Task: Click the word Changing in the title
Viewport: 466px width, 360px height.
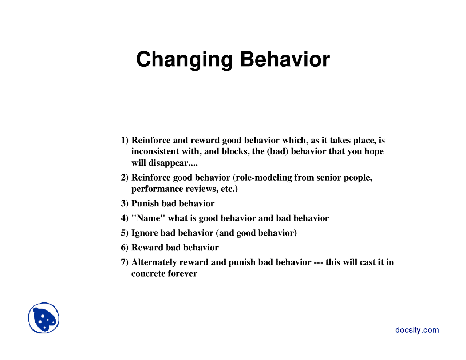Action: (x=184, y=60)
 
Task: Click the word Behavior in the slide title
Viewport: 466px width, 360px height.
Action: (x=285, y=59)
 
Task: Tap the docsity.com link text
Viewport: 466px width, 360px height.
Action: (x=417, y=330)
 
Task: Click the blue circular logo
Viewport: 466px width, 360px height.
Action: (x=44, y=318)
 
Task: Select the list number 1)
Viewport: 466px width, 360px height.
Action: (x=125, y=141)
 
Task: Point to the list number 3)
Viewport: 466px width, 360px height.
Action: (x=125, y=203)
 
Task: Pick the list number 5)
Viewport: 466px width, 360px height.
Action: (x=125, y=233)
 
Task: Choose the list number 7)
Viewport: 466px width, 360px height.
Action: (x=125, y=262)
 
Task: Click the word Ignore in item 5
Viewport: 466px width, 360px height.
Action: (x=145, y=233)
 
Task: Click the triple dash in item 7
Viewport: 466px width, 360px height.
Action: (x=319, y=262)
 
